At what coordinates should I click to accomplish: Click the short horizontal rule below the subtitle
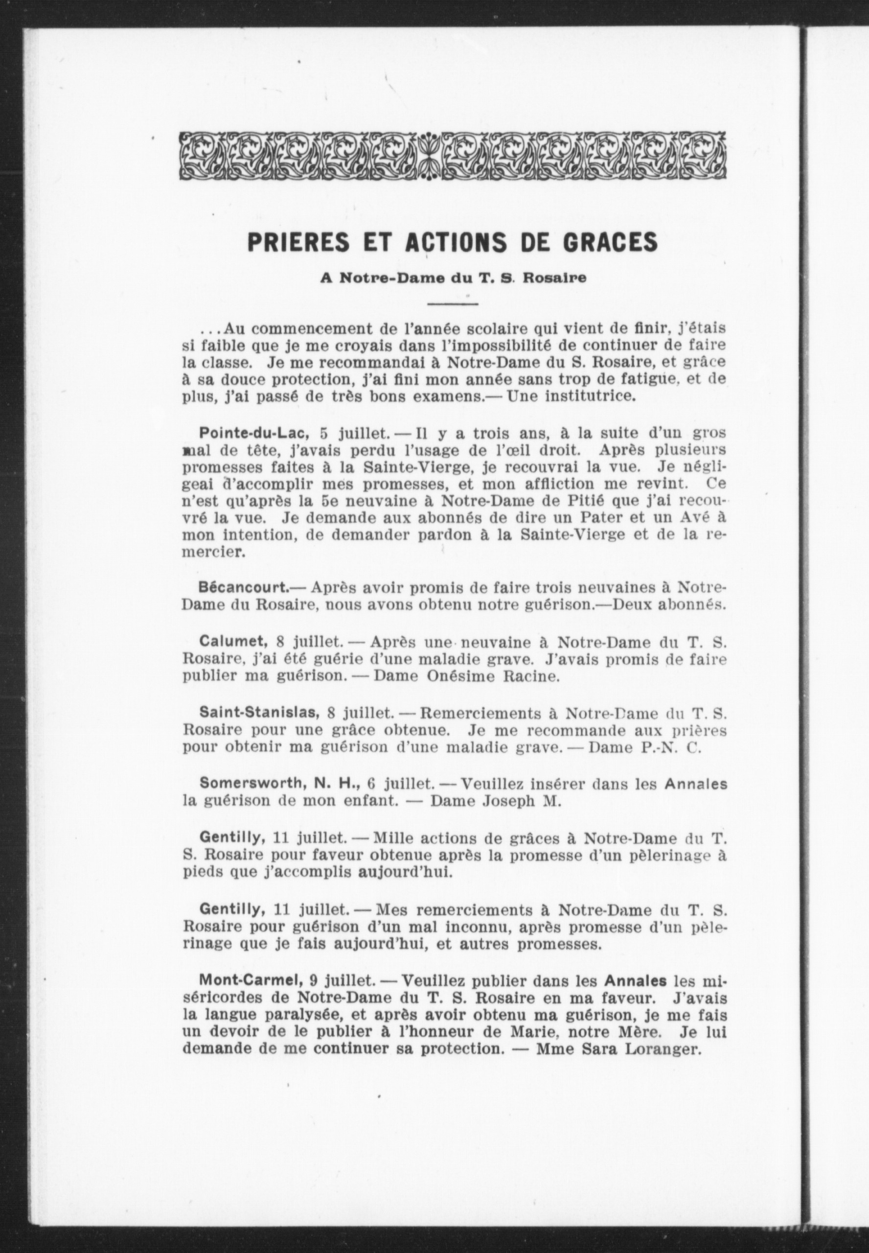(453, 303)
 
